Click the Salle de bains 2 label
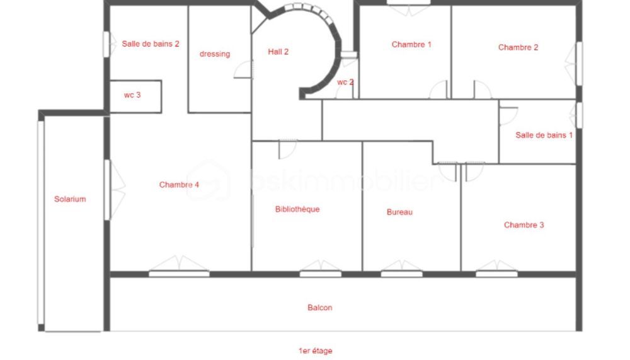coord(151,44)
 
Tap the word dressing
coord(215,54)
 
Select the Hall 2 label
coord(278,52)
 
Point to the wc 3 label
coord(132,95)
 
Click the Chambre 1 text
coord(411,45)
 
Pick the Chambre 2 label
coord(518,47)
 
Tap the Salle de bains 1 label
coord(544,135)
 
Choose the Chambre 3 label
coord(524,225)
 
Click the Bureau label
coord(399,212)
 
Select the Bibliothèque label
coord(297,209)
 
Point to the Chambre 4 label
coord(179,185)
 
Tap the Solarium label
coord(69,199)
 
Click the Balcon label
coord(319,308)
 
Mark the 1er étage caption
coord(315,351)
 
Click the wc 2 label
coord(345,83)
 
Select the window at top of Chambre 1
coord(408,4)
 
